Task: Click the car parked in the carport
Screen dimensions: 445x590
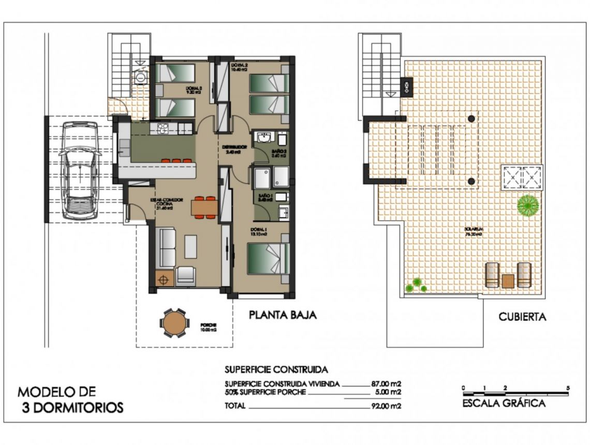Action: (x=79, y=171)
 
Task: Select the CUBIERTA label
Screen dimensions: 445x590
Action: (x=522, y=317)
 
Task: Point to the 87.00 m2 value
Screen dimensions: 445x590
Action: (x=386, y=384)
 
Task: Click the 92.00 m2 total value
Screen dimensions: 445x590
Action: (x=386, y=406)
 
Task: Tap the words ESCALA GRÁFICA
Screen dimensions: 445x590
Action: (x=504, y=404)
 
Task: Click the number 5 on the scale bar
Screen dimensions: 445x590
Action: (x=568, y=388)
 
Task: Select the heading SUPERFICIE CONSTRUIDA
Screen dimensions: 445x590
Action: (x=276, y=370)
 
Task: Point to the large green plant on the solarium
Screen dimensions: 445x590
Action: (x=527, y=205)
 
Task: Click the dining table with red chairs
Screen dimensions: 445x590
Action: (x=203, y=207)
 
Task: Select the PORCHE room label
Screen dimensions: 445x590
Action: (x=209, y=325)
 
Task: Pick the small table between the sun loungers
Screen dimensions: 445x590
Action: (x=508, y=280)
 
